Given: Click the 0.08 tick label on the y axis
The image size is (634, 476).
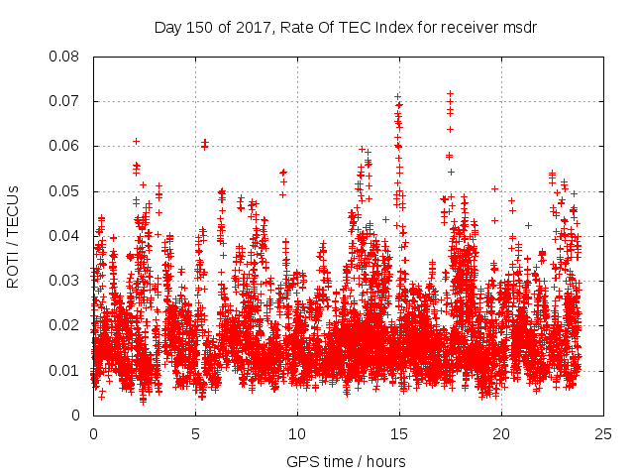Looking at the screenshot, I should (66, 57).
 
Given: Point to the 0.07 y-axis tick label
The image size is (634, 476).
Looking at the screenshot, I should (66, 101).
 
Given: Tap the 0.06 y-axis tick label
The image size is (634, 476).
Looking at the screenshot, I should (66, 146).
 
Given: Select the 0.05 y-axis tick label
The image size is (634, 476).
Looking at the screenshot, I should (66, 190).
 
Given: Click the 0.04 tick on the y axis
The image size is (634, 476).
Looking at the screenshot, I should (66, 236).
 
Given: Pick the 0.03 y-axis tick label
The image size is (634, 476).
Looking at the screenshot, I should (66, 281).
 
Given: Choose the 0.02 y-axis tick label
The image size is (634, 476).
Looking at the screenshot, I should (66, 325).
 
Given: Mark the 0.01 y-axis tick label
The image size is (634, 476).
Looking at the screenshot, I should (66, 371).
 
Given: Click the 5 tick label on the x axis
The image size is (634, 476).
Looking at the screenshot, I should (195, 433).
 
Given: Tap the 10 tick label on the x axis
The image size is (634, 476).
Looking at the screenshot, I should (297, 433).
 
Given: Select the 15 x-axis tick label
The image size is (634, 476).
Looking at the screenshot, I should (399, 433).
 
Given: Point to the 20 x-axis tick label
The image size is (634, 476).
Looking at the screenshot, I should (501, 433).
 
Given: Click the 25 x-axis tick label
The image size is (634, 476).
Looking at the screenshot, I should (603, 433).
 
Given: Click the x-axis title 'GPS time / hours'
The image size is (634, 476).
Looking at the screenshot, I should (348, 461).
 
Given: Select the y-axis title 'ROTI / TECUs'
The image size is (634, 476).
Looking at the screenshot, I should (13, 236).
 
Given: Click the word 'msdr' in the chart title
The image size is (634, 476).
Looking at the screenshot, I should (517, 27).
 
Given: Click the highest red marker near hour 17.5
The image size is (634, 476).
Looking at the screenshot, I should (450, 94).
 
